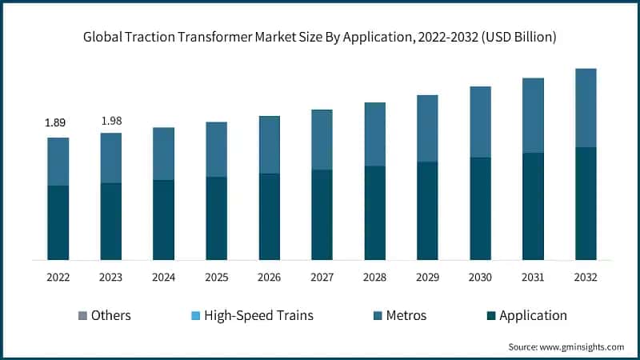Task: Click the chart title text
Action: click(x=320, y=38)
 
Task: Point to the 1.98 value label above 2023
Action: click(x=110, y=121)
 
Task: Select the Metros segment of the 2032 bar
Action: click(x=586, y=108)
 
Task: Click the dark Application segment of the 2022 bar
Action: click(x=58, y=222)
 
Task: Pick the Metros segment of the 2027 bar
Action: click(x=322, y=140)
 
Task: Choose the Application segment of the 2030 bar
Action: click(x=480, y=208)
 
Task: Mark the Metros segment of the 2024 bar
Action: click(x=163, y=154)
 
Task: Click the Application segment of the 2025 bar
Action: click(x=216, y=218)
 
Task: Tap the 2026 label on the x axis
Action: click(x=269, y=278)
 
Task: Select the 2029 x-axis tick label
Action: click(x=427, y=278)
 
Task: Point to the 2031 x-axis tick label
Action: click(x=533, y=278)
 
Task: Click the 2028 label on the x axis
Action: click(x=374, y=278)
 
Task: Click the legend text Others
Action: click(x=110, y=315)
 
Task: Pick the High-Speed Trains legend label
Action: click(x=258, y=315)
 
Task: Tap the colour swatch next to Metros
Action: click(x=375, y=316)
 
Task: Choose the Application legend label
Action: click(x=532, y=315)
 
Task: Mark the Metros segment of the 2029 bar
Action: click(x=427, y=128)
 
